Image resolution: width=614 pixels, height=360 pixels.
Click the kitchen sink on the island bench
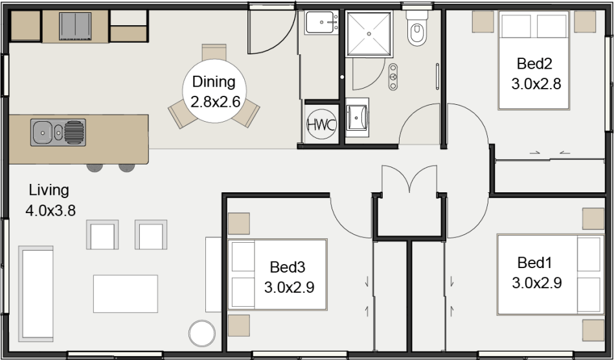[x=58, y=132]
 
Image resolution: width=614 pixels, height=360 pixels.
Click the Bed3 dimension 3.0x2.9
[x=289, y=287]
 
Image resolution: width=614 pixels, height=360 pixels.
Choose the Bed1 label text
[x=535, y=263]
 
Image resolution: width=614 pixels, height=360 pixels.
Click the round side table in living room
[x=201, y=333]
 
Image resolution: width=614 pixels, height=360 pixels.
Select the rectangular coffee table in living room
[x=126, y=293]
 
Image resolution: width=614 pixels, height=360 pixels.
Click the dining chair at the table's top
[x=214, y=52]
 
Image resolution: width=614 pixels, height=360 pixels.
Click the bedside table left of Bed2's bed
[x=482, y=21]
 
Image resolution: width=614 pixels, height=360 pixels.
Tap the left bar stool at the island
[x=95, y=167]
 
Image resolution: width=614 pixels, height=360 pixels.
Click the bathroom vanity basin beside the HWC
[x=357, y=117]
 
